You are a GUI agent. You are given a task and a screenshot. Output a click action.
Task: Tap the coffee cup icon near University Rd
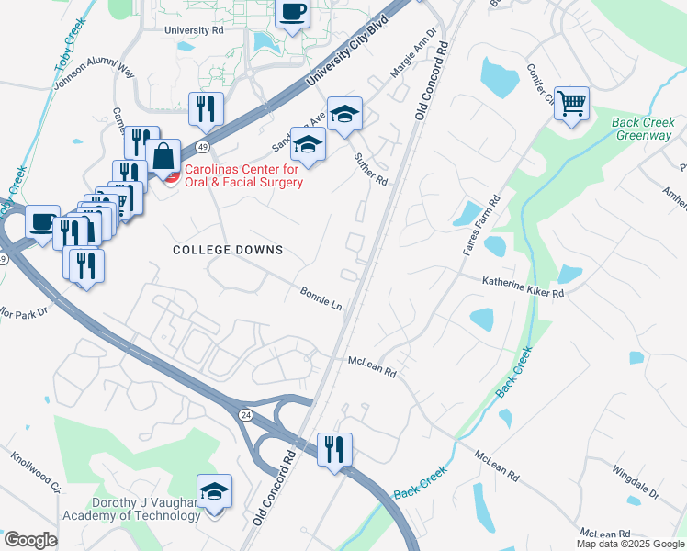292,14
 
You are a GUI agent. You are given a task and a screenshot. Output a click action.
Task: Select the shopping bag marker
163,156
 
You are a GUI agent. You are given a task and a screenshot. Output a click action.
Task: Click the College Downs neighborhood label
228,250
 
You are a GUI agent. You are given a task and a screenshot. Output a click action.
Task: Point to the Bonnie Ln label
321,298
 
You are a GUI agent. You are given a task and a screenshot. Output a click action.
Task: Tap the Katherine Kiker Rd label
524,287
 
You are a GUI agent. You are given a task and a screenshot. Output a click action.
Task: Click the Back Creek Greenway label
643,129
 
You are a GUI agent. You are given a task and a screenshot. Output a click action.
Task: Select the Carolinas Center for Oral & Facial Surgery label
244,175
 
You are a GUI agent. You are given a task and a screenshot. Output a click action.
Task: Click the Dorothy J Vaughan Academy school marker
214,491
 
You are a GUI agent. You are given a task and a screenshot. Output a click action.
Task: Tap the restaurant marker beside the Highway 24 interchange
332,449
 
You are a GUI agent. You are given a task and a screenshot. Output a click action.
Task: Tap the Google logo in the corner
30,540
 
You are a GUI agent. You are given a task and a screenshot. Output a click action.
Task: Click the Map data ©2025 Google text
629,544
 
